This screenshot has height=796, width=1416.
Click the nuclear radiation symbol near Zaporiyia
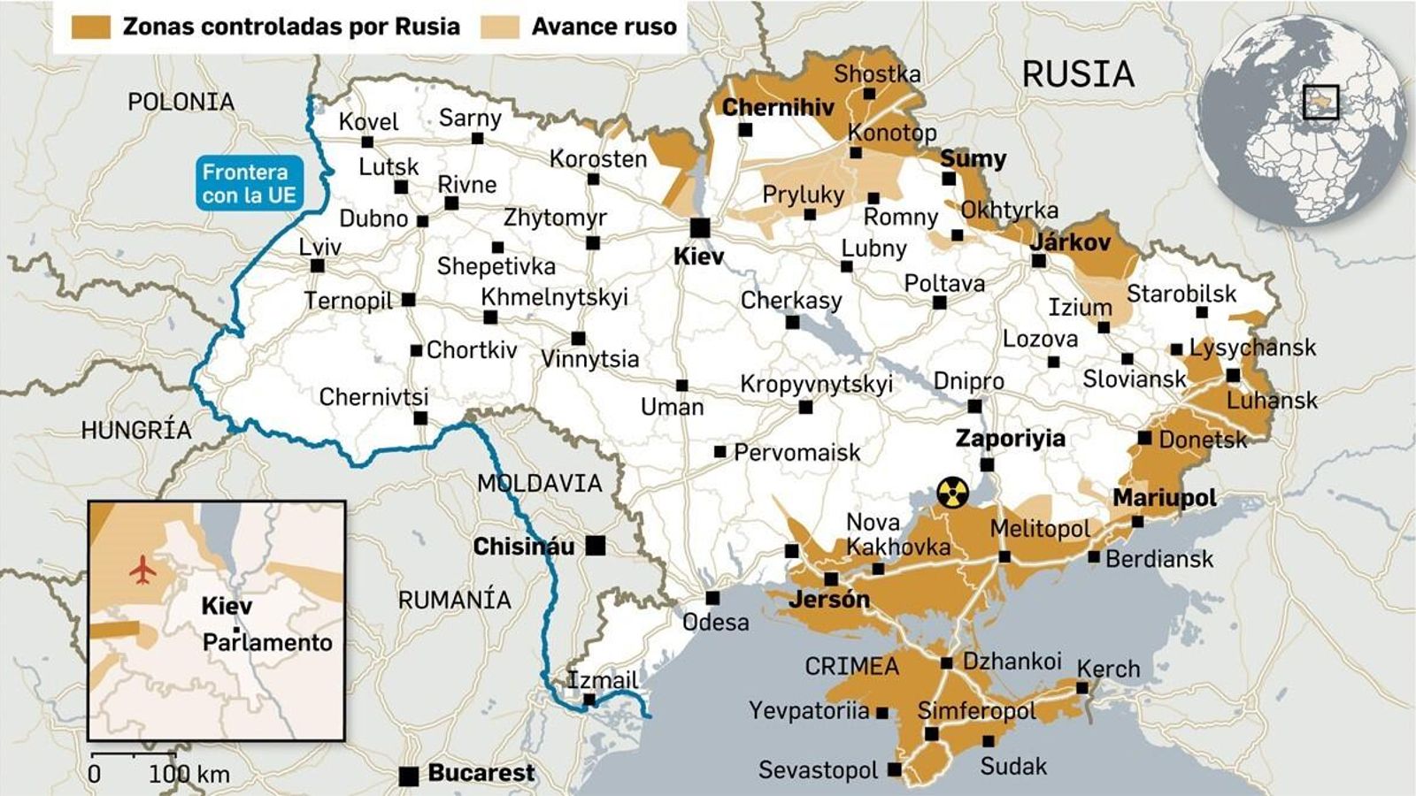952,493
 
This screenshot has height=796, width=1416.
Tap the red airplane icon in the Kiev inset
142,570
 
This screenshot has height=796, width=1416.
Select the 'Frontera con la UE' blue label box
247,184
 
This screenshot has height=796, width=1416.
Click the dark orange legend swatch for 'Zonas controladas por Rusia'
92,27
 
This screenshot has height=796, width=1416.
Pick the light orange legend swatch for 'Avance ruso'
500,27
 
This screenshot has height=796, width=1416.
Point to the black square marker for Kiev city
700,227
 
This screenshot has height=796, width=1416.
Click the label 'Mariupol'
1165,498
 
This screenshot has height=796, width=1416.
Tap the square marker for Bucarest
409,776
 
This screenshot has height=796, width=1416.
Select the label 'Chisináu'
524,547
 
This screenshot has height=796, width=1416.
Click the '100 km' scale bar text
189,775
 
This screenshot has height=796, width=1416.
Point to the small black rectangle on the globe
1320,102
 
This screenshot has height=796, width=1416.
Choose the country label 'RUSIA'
1078,74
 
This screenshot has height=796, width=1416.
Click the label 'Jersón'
829,600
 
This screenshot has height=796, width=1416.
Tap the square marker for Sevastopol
895,769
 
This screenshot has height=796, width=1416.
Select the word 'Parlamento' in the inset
267,642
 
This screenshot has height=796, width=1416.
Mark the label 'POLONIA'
181,103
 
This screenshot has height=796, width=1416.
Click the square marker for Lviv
318,265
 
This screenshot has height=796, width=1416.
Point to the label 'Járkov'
1070,241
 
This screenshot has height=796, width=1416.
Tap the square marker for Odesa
712,598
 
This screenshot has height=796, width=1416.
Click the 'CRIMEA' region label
851,666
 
